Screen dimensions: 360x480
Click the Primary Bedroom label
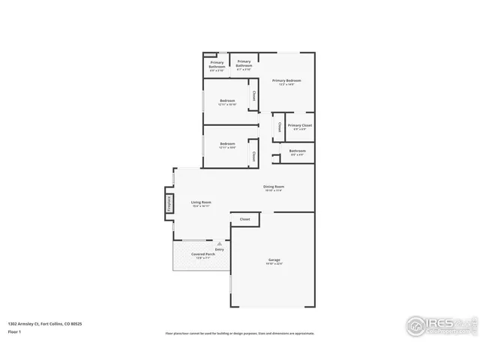point(286,81)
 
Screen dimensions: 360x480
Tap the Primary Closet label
point(299,126)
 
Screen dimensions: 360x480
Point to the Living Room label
point(200,202)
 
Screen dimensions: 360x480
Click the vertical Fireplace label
point(169,203)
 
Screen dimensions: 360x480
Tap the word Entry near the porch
point(219,249)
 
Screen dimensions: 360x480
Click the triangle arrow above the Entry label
point(219,243)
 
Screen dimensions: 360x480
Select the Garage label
point(274,260)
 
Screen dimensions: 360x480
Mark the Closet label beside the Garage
point(244,219)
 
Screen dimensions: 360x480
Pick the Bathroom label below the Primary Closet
point(297,151)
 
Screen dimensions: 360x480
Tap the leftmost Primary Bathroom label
point(217,65)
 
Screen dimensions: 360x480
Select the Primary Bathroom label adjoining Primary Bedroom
point(244,64)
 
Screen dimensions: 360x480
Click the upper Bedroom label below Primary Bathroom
point(227,101)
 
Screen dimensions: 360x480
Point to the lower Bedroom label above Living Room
point(227,144)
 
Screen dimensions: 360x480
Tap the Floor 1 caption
point(15,331)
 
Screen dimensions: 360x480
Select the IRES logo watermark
point(440,325)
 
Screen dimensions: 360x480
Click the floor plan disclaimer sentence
point(239,334)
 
